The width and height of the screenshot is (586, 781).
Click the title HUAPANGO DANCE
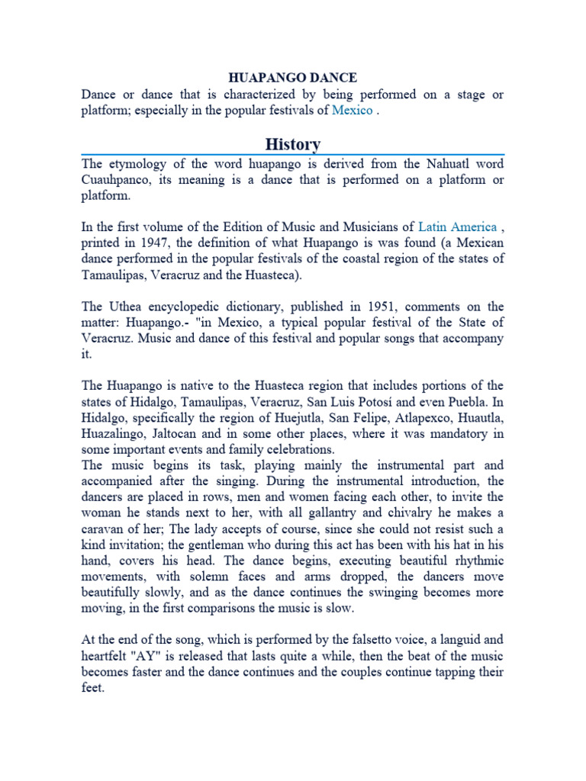tap(293, 78)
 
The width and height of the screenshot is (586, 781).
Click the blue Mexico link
tap(352, 111)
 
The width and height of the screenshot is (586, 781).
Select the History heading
tap(293, 144)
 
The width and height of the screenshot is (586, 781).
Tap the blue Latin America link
tap(457, 227)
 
